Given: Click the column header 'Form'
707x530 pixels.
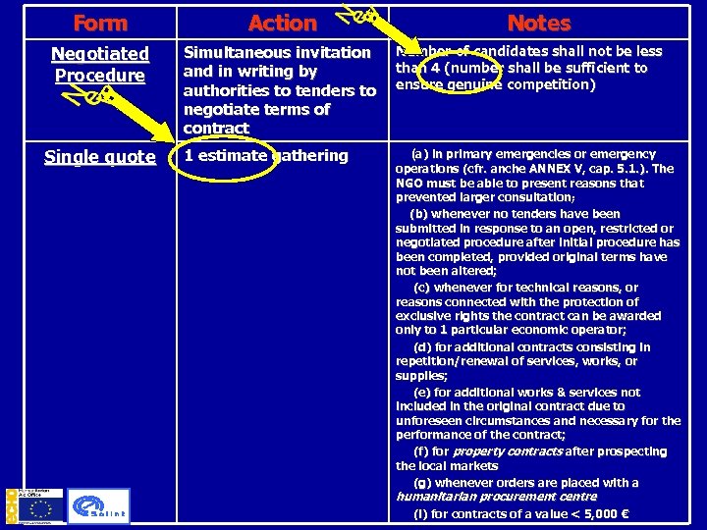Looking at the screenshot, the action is (x=99, y=23).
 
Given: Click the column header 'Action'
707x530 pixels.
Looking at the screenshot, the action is (x=283, y=23).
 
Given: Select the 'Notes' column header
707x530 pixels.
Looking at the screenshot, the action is (x=538, y=23).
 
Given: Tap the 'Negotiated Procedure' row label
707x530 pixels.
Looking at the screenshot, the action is (x=99, y=65).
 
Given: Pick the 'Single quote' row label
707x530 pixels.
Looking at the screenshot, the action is (x=99, y=157).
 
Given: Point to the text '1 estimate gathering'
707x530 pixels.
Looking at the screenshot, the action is (x=266, y=155).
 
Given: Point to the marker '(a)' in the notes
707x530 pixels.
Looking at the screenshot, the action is (x=418, y=154).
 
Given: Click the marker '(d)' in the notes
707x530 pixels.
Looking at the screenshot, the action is (x=422, y=346).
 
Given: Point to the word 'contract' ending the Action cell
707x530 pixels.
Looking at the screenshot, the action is (x=216, y=129).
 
